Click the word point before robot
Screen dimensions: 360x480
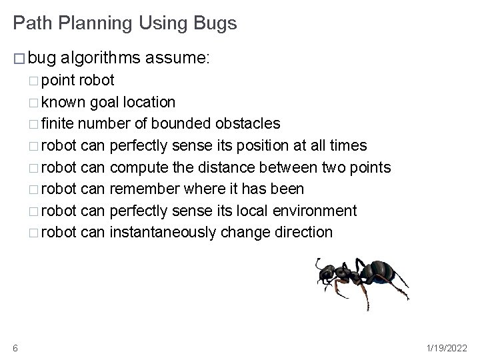58,81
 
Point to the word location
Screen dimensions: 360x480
151,103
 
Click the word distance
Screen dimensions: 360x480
231,167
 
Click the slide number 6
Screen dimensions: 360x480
15,347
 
